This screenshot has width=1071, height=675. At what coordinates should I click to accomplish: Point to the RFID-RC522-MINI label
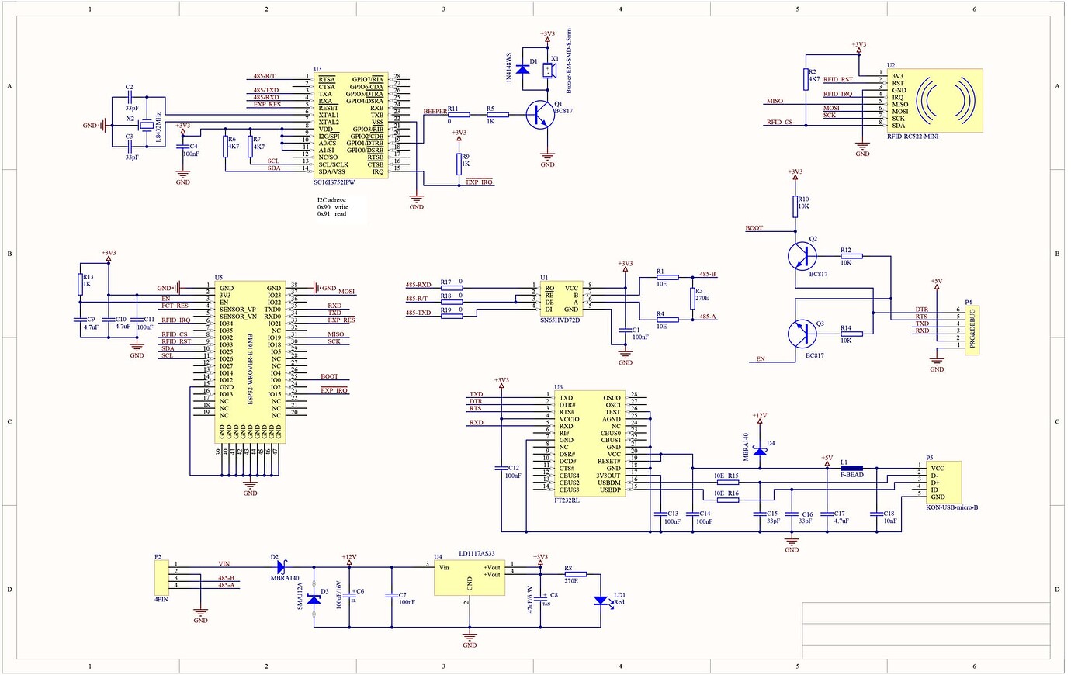click(x=913, y=136)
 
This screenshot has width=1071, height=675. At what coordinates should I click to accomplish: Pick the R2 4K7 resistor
click(x=806, y=78)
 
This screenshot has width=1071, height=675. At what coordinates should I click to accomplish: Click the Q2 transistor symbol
click(x=802, y=254)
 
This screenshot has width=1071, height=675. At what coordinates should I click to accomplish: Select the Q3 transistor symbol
click(x=802, y=334)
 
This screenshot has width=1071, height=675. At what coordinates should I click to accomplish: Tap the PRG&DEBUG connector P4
click(x=972, y=330)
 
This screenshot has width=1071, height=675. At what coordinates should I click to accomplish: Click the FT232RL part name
click(x=567, y=501)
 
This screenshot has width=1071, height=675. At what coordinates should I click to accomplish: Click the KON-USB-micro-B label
click(x=951, y=507)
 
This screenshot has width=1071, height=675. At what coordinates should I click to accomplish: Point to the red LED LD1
click(x=601, y=601)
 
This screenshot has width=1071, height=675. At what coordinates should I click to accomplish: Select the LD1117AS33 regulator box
click(x=469, y=578)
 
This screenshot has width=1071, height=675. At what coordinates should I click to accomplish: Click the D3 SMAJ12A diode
click(x=314, y=598)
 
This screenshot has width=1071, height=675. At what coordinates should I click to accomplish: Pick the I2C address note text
click(x=332, y=207)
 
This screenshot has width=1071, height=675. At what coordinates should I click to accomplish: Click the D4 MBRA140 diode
click(x=759, y=450)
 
